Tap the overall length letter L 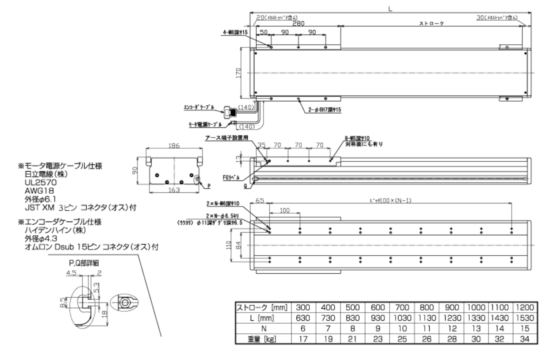(x=390, y=8)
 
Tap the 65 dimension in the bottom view (x=259, y=200)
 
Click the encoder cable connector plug (x=229, y=112)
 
